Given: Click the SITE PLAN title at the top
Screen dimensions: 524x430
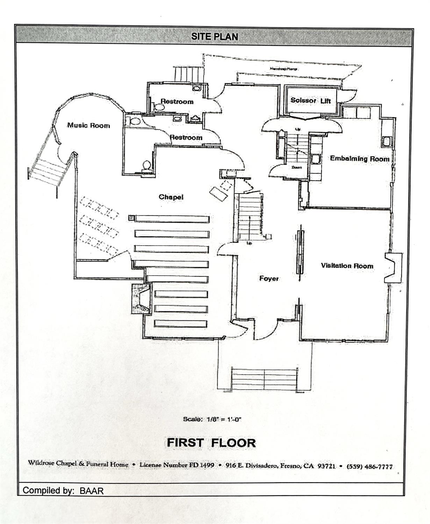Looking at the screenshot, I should tap(215, 36).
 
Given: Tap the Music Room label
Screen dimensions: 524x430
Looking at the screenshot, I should tap(88, 125).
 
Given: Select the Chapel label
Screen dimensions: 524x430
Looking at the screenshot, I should tap(171, 197).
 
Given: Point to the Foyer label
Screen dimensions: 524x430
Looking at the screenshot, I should tap(269, 278).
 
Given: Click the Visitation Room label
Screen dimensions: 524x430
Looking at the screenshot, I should tap(347, 266).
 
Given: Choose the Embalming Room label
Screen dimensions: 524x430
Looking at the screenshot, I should tap(359, 159).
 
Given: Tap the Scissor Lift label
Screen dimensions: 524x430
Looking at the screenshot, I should tap(310, 101).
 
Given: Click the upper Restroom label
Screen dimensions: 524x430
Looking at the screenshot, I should tap(177, 102).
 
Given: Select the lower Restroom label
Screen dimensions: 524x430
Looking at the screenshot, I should tap(186, 137).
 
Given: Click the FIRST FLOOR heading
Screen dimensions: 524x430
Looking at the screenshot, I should tap(211, 443).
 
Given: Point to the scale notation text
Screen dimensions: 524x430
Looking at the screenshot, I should tap(212, 419).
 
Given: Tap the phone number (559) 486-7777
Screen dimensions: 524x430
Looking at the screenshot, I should tap(370, 467).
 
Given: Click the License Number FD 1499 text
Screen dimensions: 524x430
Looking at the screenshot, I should tap(177, 465).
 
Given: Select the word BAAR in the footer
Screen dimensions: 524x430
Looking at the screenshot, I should tap(92, 491).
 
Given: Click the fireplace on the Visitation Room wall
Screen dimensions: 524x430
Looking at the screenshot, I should tap(394, 268).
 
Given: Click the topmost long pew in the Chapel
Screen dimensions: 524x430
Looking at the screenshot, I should tap(172, 219).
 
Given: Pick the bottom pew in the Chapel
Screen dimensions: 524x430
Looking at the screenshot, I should tap(180, 324).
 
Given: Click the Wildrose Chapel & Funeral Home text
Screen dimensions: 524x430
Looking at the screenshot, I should tap(78, 464).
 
